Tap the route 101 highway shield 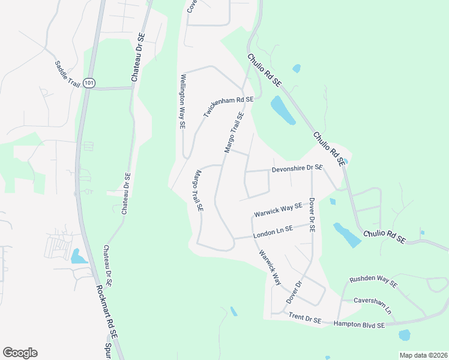[x=89, y=83]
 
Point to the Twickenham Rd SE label [x=229, y=106]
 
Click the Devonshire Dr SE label [x=297, y=169]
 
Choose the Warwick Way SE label [x=277, y=210]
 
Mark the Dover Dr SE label [x=312, y=215]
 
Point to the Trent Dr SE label [x=305, y=318]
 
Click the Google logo [x=20, y=353]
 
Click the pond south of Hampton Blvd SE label [x=405, y=335]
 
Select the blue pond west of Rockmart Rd [x=79, y=257]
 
